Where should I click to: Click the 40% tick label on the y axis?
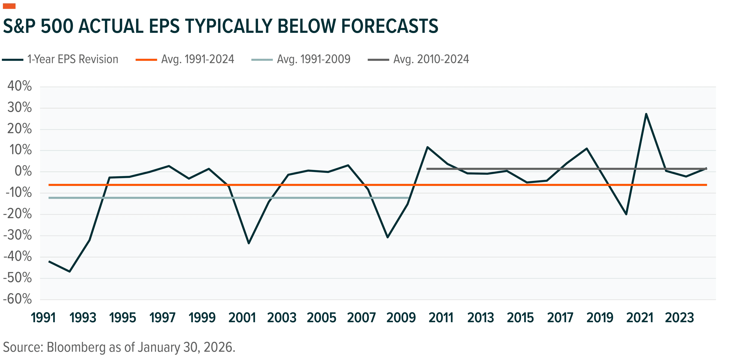pyautogui.click(x=19, y=86)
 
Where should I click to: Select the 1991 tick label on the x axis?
pyautogui.click(x=43, y=318)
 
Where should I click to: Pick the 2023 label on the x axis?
pyautogui.click(x=679, y=318)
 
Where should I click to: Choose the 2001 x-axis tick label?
pyautogui.click(x=242, y=318)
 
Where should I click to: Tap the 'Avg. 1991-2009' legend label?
pyautogui.click(x=314, y=59)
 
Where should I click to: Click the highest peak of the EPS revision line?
pyautogui.click(x=646, y=114)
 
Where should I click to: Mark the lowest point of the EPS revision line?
pyautogui.click(x=69, y=271)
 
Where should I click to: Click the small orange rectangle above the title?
pyautogui.click(x=9, y=6)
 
